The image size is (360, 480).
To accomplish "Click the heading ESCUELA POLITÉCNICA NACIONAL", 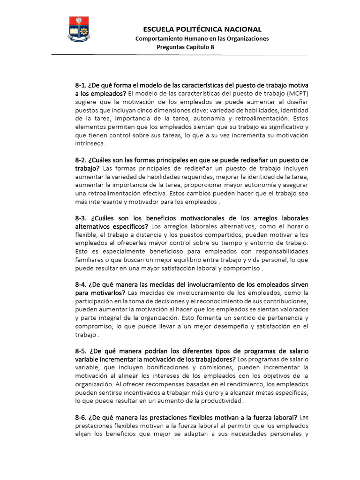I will click(x=202, y=29).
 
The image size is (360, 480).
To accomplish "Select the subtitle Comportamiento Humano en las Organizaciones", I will click(x=202, y=38).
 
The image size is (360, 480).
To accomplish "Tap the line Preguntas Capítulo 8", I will click(x=185, y=47).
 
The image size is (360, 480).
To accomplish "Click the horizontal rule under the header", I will click(x=179, y=55).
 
